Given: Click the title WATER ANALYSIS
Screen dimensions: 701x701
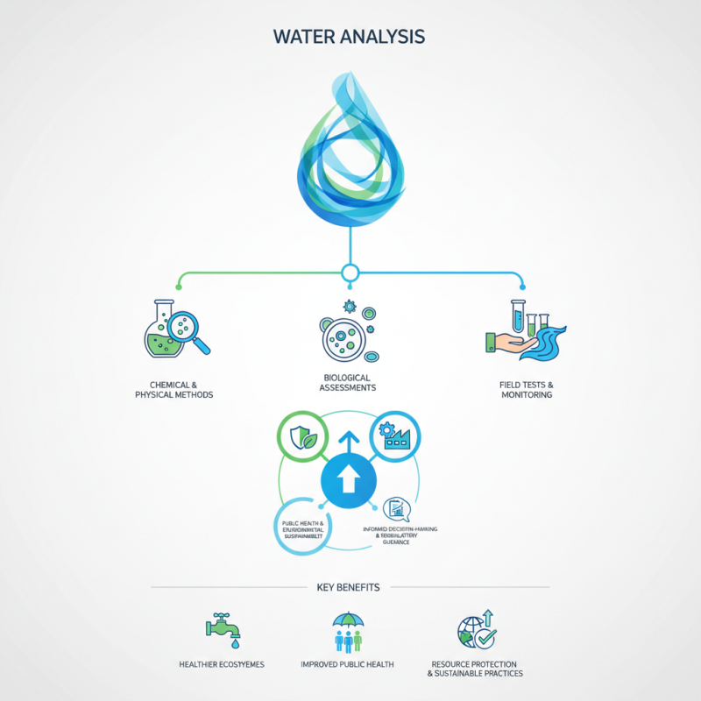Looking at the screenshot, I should pos(350,37).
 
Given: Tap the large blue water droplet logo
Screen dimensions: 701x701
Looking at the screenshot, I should pos(350,153).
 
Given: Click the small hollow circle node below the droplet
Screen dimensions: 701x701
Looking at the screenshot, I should pos(350,273).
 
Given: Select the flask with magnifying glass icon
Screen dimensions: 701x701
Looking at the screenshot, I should pos(173,329).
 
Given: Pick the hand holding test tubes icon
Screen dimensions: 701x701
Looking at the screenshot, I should pos(523,331).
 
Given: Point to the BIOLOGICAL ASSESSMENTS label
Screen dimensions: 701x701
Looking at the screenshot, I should pos(350,381).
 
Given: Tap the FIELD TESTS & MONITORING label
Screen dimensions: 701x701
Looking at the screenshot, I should pos(526,390).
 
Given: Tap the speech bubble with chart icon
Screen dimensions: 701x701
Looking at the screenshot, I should pos(396,507).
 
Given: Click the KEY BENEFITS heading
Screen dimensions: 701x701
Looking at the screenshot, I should pos(350,587).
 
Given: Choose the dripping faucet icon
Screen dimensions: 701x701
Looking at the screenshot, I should pos(222,627).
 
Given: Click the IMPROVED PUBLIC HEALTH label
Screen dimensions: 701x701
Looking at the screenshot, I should pos(348,665).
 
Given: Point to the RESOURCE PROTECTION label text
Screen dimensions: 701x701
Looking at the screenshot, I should pos(474,664).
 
